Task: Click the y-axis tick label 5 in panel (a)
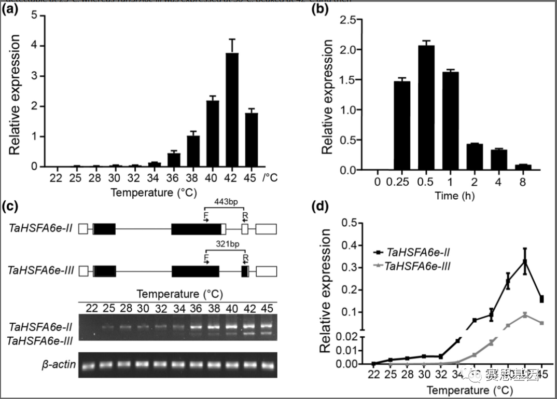[34, 16]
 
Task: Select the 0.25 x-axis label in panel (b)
[402, 183]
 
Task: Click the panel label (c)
[11, 207]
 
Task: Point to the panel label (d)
[327, 207]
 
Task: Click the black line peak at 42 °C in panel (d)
[525, 262]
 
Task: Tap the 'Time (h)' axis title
[454, 196]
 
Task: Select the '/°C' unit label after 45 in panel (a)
[270, 178]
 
